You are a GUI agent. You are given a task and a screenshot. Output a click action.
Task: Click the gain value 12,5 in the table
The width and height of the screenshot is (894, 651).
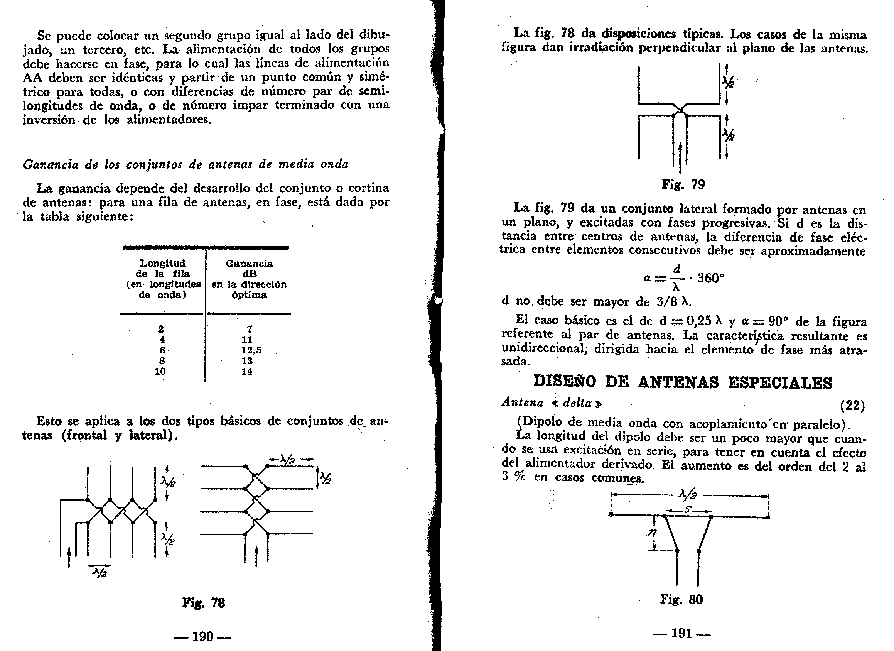click(251, 350)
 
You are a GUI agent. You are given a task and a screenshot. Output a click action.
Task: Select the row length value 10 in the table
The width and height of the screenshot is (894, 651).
click(160, 372)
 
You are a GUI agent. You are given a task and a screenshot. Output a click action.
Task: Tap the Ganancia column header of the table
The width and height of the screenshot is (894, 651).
click(249, 264)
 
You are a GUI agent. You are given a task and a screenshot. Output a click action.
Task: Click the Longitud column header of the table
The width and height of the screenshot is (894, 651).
click(162, 263)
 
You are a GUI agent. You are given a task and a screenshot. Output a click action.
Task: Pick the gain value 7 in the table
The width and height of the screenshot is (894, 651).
click(249, 329)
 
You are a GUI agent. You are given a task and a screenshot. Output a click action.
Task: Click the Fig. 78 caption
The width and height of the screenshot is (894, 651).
click(203, 603)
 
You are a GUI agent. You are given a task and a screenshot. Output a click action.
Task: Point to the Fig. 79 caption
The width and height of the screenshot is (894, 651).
click(683, 184)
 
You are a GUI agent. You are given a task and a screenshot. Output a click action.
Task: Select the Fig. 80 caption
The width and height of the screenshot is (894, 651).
click(681, 600)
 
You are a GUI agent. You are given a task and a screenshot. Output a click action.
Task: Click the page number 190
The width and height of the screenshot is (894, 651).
click(202, 637)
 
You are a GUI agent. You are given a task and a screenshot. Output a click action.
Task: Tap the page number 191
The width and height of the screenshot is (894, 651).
click(681, 633)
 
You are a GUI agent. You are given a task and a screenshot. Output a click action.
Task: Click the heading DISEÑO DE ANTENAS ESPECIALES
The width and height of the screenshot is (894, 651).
click(683, 382)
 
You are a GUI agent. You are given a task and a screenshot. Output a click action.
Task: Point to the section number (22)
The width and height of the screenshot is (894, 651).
click(852, 405)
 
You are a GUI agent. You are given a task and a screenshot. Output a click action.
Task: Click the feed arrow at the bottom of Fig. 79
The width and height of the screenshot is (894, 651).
click(681, 158)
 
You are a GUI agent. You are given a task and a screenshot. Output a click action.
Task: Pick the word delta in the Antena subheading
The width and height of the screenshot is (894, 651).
click(577, 403)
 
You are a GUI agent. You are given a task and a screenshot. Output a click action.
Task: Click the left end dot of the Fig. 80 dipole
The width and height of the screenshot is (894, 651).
click(611, 515)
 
